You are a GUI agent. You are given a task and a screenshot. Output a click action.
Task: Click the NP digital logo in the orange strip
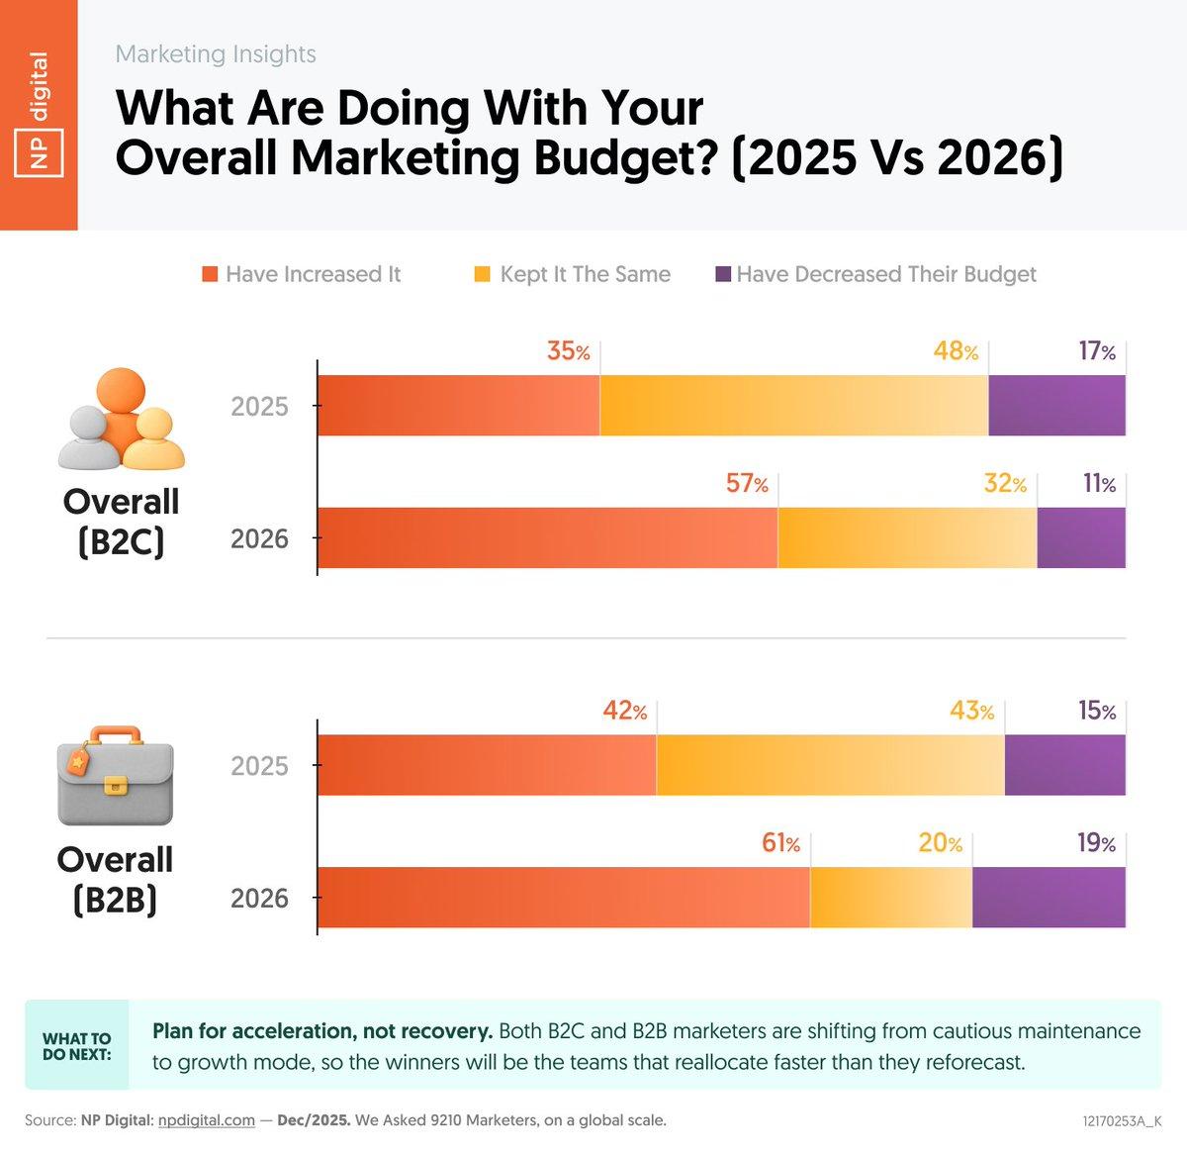pos(39,115)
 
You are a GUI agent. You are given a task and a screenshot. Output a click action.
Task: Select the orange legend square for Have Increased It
pos(210,274)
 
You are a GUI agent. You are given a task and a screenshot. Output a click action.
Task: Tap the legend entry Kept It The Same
pos(584,274)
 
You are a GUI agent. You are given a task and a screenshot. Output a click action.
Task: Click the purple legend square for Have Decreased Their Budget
pos(723,274)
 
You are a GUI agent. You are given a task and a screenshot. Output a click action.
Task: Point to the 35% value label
pos(568,351)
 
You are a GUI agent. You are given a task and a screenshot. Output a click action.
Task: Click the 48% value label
pos(956,351)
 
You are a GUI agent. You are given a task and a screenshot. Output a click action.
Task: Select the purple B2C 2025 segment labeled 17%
pos(1056,406)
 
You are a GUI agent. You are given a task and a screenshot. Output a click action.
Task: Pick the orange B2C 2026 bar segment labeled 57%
pos(547,537)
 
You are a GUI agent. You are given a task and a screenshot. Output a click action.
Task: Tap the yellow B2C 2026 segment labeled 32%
pos(907,537)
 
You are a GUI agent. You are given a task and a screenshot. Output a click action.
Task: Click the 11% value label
pos(1099,484)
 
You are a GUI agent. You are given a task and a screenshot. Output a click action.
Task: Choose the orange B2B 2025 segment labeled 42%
pos(486,765)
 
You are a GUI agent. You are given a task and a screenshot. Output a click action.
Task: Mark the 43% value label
pos(971,711)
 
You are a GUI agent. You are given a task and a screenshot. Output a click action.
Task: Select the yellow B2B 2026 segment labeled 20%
pos(890,898)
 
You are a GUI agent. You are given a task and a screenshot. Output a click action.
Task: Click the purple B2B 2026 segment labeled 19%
pos(1049,898)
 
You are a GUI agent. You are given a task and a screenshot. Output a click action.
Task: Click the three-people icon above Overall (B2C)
pos(121,420)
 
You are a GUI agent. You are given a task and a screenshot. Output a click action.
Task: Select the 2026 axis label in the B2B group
pos(259,899)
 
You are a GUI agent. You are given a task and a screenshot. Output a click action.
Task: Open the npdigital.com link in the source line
pos(206,1120)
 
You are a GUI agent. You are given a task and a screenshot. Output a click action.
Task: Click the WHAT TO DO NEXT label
pos(77,1046)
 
